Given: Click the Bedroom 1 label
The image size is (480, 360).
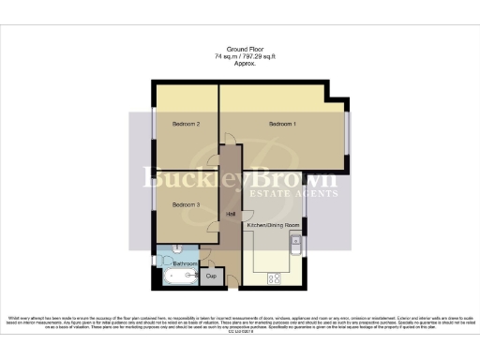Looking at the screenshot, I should point(282,124).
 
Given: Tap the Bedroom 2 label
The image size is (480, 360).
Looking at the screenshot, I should point(186,124).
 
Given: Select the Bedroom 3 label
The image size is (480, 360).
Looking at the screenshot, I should point(186,204).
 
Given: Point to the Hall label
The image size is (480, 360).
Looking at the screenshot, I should point(231,214).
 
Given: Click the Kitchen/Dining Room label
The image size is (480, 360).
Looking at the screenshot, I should point(273,226).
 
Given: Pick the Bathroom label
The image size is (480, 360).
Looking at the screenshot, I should point(185,264).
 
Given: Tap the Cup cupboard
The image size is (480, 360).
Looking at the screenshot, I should point(211,276).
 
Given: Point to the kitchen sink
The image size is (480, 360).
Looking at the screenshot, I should point(295,247).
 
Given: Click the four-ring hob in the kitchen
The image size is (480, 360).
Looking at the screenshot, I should point(276,277).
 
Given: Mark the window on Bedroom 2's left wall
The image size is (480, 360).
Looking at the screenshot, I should point(155,127).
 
